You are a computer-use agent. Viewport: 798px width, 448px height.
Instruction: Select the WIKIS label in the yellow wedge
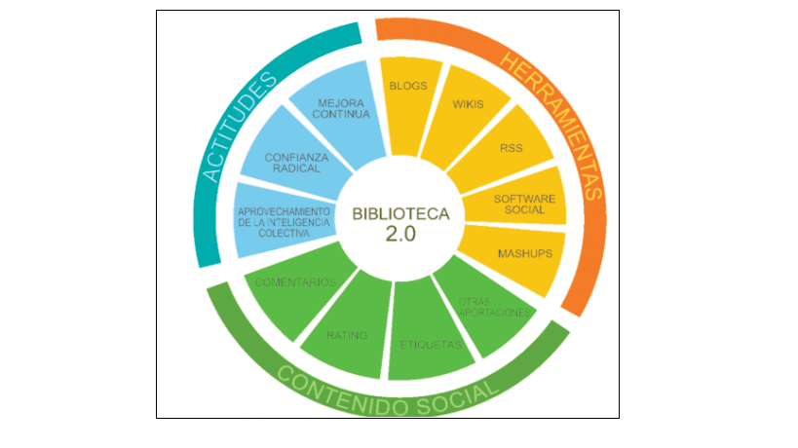coord(469,103)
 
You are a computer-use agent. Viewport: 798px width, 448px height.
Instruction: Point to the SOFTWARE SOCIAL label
coord(524,205)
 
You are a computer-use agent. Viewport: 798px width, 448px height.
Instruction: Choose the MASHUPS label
coord(525,254)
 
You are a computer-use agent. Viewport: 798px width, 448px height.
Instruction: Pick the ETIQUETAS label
coord(431,345)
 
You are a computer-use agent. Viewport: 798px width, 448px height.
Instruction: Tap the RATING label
coord(347,336)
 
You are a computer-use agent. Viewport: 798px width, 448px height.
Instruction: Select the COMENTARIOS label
coord(295,282)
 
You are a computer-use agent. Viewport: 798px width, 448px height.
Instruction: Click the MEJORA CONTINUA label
coord(343,108)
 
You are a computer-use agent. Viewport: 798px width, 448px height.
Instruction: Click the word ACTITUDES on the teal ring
coord(235,132)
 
